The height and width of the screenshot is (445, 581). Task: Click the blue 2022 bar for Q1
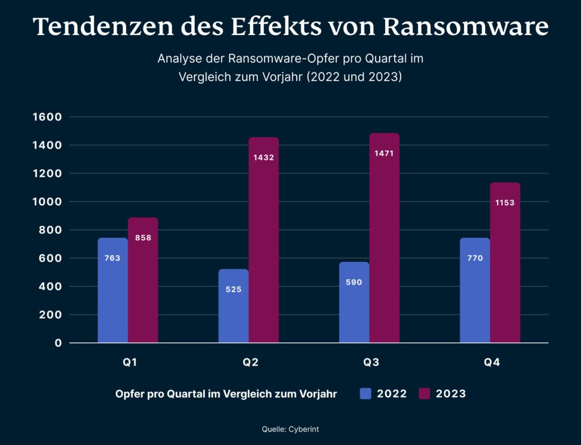point(112,290)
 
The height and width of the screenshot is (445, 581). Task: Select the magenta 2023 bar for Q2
point(263,240)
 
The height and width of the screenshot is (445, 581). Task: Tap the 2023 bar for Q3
point(384,238)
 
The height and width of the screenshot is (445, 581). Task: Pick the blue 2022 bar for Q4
point(474,290)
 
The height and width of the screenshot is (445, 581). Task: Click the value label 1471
point(384,153)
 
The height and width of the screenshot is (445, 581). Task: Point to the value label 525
point(233,289)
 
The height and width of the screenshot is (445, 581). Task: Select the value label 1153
point(504,202)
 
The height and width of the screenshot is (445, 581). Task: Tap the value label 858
point(143,238)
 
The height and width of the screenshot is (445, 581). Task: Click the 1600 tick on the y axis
point(50,117)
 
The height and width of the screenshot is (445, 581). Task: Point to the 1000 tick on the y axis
point(50,202)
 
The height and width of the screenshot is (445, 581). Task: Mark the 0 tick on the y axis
point(58,343)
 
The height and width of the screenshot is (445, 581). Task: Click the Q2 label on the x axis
point(250,363)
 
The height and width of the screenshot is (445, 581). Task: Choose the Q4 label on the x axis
point(491,363)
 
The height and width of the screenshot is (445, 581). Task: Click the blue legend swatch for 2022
point(365,393)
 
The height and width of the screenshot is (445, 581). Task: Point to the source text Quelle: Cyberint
point(290,430)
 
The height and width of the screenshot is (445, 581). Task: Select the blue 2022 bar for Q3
point(354,302)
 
